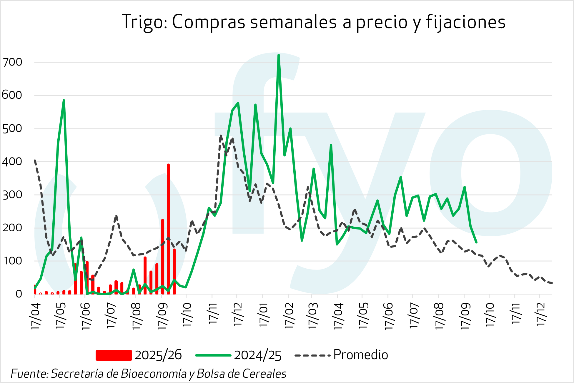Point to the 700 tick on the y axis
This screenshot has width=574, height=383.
pyautogui.click(x=12, y=62)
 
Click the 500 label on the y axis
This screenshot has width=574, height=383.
pyautogui.click(x=12, y=128)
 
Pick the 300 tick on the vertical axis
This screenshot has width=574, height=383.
pyautogui.click(x=12, y=195)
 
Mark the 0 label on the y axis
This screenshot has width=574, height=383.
pyautogui.click(x=19, y=294)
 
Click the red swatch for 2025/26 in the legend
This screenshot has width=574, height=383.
pyautogui.click(x=114, y=355)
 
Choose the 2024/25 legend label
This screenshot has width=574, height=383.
pyautogui.click(x=258, y=355)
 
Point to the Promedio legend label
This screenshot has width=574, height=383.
pyautogui.click(x=360, y=355)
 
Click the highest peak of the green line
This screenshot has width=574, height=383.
pyautogui.click(x=278, y=55)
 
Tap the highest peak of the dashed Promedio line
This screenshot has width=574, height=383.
pyautogui.click(x=221, y=136)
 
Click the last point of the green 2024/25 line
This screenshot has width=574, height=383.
pyautogui.click(x=476, y=242)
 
